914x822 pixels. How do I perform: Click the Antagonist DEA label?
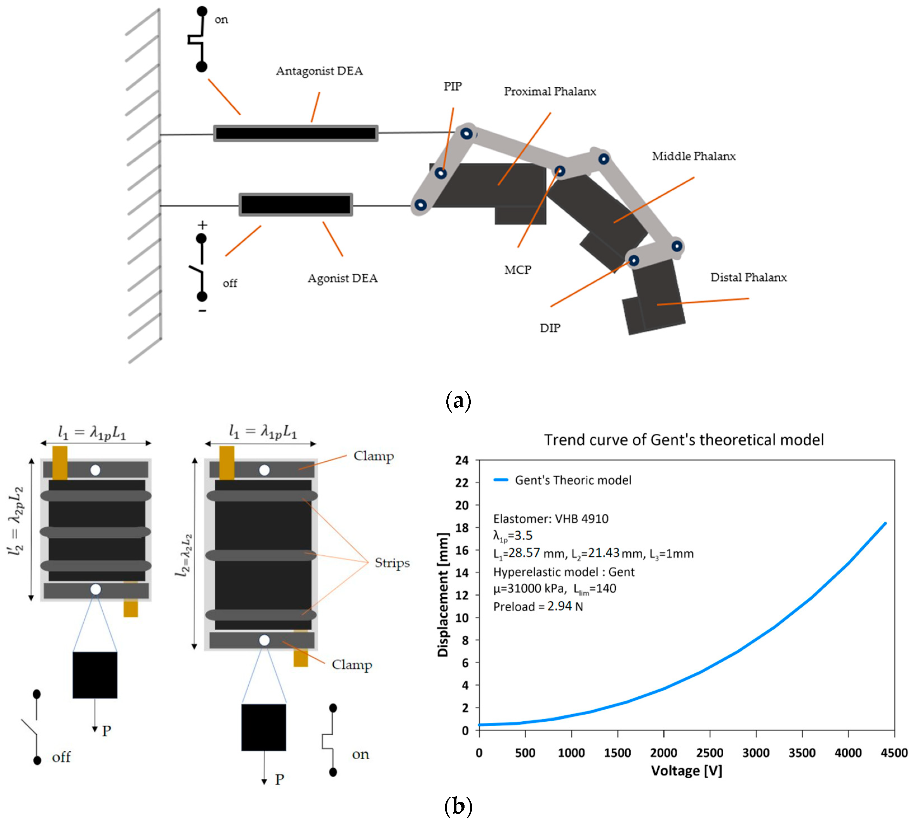coord(319,71)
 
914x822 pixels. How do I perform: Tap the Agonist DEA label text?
coord(342,278)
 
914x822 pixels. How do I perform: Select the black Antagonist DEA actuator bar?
coord(296,133)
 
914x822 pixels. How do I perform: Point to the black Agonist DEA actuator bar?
coord(296,205)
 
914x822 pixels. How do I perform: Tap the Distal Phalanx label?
coord(748,277)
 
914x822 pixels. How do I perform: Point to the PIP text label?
coord(453,86)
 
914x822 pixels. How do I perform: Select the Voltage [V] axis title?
coord(686,771)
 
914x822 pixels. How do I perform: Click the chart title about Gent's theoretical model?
coord(684,440)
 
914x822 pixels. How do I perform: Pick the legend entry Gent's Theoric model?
coord(573,480)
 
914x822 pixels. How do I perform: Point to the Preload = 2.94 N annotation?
coord(538,607)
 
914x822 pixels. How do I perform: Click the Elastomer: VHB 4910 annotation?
coord(550,518)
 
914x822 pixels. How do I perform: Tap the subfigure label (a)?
coord(458,401)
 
